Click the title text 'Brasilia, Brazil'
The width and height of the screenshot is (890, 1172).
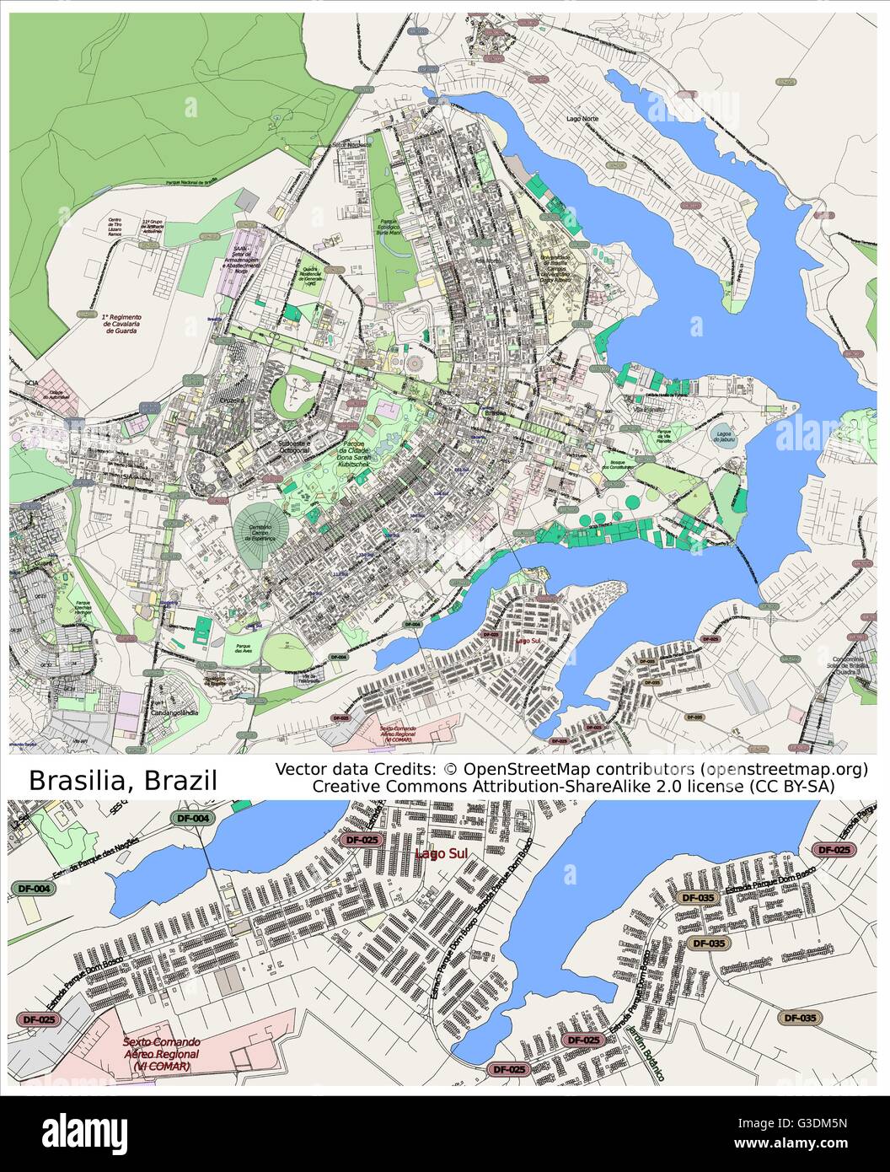(x=123, y=780)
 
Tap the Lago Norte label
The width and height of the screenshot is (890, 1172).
(x=583, y=119)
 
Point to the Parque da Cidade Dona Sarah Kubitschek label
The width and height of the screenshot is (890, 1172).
(x=360, y=454)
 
